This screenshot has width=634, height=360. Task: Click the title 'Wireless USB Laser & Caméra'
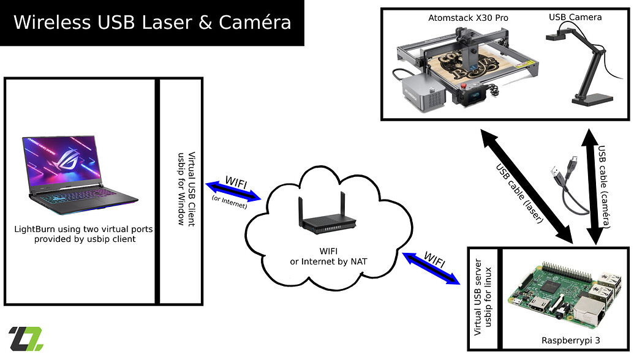[151, 23]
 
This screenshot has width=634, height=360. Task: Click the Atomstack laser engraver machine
[453, 70]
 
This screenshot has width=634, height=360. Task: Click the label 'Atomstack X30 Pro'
[468, 18]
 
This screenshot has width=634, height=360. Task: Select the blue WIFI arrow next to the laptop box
[233, 191]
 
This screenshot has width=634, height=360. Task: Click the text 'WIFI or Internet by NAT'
[328, 257]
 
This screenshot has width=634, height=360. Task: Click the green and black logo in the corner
[26, 339]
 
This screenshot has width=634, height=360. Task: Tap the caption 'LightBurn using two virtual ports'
[83, 229]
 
